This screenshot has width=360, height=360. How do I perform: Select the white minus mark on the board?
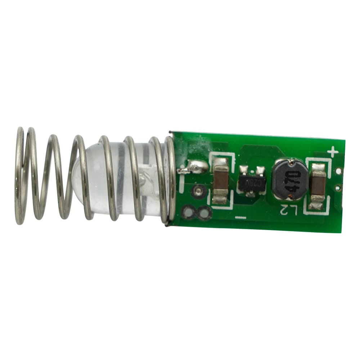coord(240,217)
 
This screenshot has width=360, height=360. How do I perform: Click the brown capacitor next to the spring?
coord(220,182)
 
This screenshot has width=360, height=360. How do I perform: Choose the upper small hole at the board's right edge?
coord(338,171)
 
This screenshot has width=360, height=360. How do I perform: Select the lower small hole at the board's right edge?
coord(338,187)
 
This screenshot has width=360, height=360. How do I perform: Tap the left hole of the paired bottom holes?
coord(189,212)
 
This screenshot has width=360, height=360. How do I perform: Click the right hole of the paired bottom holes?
coord(204,213)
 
